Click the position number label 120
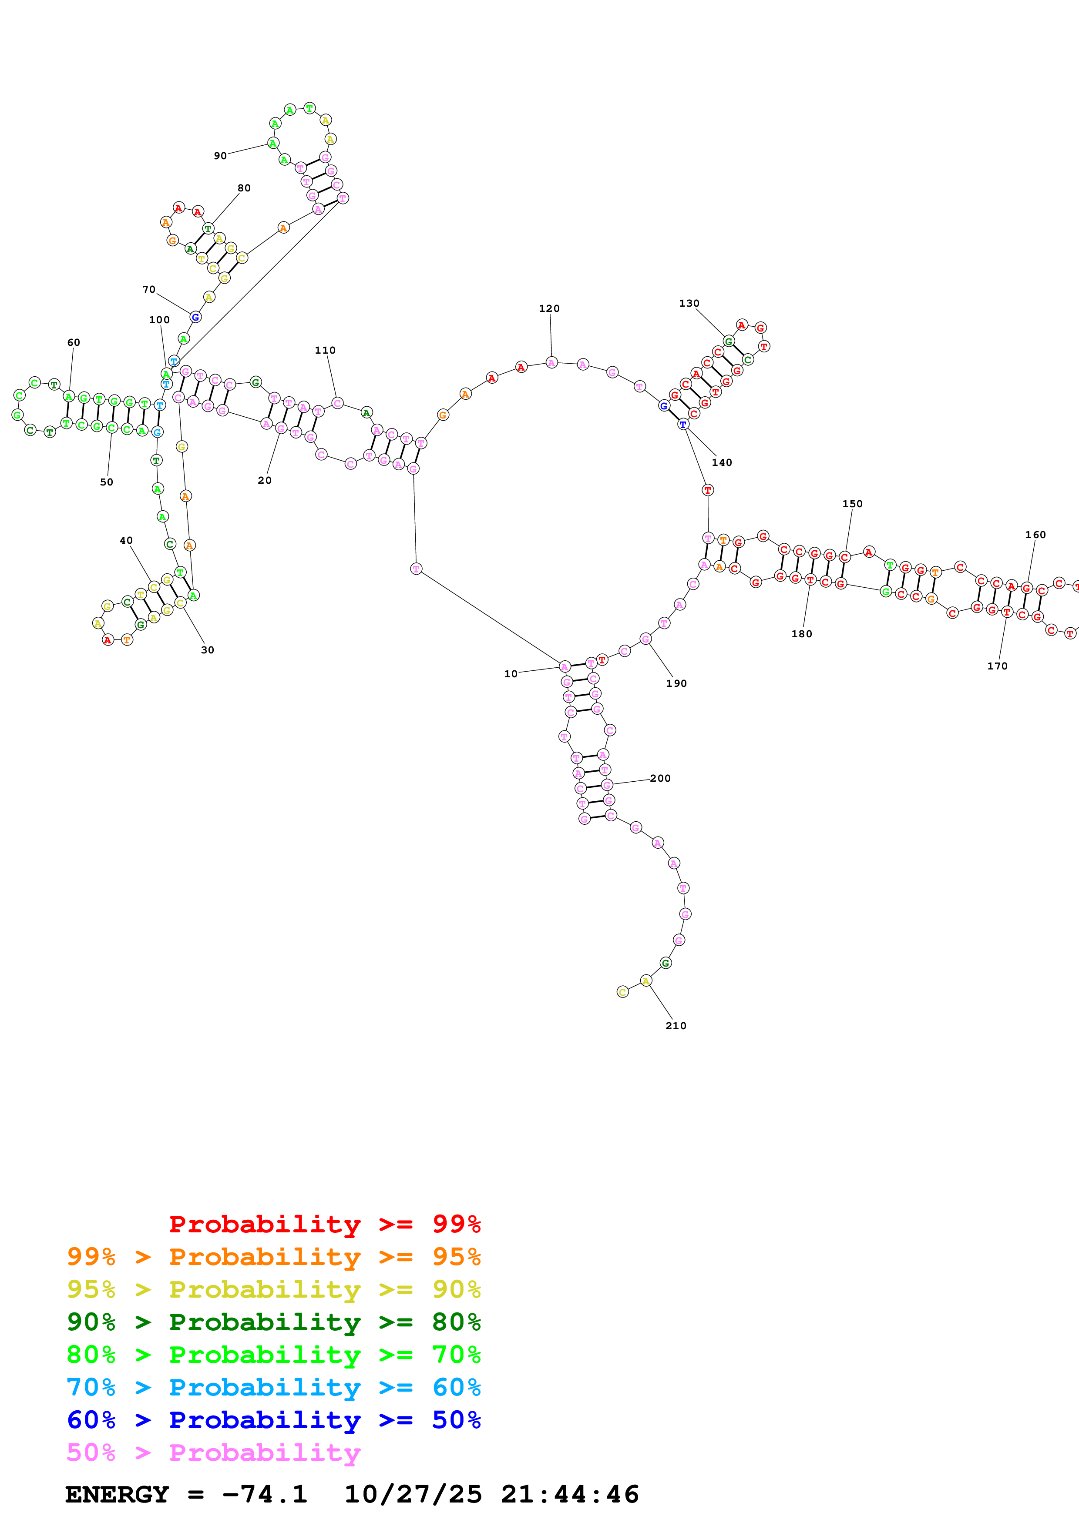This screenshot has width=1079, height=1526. point(549,308)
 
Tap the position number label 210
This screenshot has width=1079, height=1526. point(676,1026)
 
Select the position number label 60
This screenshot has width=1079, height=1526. point(74,342)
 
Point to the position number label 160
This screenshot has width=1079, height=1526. point(1035,534)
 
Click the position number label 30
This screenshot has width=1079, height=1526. point(208,650)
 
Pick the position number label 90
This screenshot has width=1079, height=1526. point(220,156)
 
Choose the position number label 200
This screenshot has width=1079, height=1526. point(660,778)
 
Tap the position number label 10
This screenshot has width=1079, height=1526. point(511,674)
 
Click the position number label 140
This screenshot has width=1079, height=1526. point(722,462)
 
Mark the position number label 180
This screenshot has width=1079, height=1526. point(802,634)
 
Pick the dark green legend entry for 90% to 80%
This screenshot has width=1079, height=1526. point(273,1322)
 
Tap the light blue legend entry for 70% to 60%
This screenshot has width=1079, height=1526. point(273,1387)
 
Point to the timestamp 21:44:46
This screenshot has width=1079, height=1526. point(570,1494)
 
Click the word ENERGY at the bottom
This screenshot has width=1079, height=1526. point(117,1494)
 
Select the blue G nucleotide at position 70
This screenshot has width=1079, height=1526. point(195,317)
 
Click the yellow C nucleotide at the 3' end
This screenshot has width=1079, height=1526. point(622,992)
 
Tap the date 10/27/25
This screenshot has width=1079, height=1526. point(413,1494)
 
